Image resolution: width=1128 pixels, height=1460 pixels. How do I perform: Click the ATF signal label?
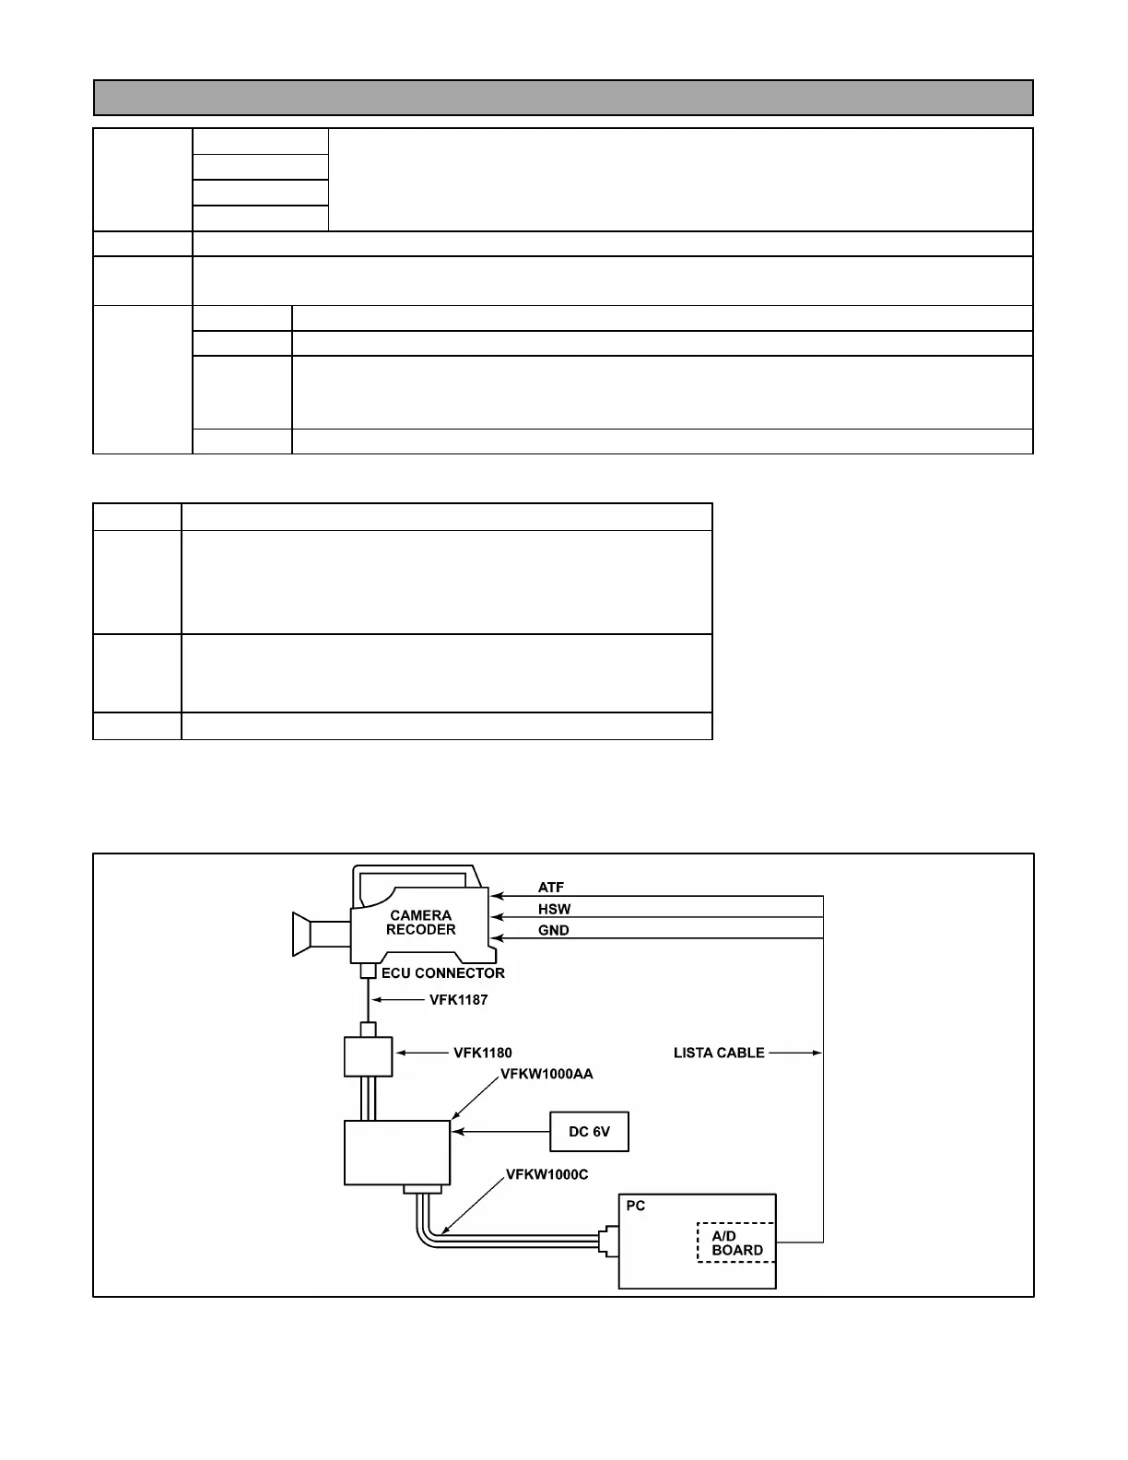pos(551,888)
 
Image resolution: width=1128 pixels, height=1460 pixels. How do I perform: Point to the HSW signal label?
pos(554,909)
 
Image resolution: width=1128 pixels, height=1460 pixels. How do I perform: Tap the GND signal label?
pos(553,930)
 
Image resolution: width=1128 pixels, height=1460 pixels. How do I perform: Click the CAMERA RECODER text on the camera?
pos(420,923)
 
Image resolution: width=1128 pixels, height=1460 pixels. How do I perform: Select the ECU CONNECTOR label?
pos(443,972)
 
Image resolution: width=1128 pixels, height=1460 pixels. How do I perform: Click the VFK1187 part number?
pos(458,999)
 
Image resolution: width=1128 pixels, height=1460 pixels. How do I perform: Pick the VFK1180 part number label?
pos(482,1053)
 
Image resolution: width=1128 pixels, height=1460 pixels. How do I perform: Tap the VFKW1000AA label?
pos(546,1074)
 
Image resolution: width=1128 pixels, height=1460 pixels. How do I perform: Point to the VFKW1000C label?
pos(546,1175)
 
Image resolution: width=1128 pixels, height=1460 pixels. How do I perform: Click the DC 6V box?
pos(589,1131)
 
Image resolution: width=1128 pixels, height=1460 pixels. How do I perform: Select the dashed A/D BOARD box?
pos(736,1242)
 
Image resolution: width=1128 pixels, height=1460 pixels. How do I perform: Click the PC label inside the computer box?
pos(636,1206)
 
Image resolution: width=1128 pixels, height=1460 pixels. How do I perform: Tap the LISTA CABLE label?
pos(719,1053)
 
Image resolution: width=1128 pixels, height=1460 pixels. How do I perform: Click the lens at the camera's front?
pos(301,934)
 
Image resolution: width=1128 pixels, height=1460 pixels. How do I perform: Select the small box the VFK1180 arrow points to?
pos(368,1056)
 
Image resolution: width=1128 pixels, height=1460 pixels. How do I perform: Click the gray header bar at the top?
pos(563,97)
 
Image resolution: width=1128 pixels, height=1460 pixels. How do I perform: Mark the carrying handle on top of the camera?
pos(415,874)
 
